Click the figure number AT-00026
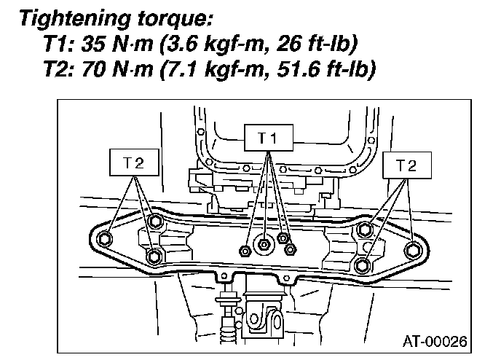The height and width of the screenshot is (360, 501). pyautogui.click(x=436, y=341)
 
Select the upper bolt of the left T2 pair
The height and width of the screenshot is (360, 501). pyautogui.click(x=154, y=222)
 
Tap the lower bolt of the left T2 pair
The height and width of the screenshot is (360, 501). pyautogui.click(x=154, y=257)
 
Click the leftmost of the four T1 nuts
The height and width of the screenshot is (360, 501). pyautogui.click(x=245, y=250)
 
